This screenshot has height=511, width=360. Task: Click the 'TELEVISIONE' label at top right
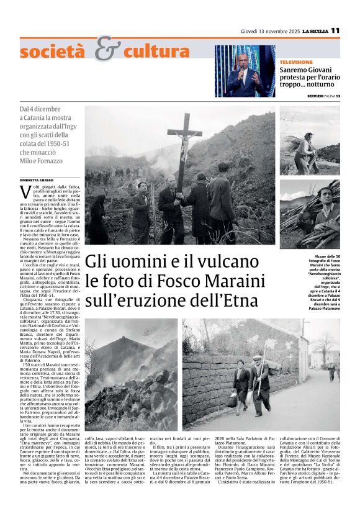pos(297,63)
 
